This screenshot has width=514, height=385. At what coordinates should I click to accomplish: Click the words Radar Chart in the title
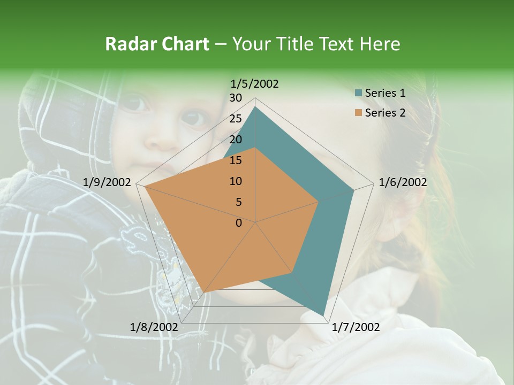coord(157,44)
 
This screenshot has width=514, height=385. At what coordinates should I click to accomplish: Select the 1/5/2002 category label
coord(255,83)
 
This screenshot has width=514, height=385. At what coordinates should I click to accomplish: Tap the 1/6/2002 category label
coord(403,182)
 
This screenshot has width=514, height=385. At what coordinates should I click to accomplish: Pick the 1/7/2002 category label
coord(356,327)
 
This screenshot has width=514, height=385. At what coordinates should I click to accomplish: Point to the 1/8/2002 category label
coord(154,327)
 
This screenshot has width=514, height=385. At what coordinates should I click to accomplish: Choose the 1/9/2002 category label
coord(107,182)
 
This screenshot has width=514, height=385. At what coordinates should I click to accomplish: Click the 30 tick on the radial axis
coord(236,98)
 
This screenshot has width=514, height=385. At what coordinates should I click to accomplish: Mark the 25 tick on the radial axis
coord(236,119)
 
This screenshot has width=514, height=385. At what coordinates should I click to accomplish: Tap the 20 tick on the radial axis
coord(236,140)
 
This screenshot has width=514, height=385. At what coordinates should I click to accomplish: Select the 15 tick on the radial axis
coord(236,160)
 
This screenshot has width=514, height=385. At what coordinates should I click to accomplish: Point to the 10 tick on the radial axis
coord(236,181)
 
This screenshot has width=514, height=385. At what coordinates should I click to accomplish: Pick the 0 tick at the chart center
coord(239,223)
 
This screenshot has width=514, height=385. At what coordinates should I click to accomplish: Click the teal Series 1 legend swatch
coord(358,93)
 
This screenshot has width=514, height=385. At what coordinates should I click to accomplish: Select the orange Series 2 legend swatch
coord(358,113)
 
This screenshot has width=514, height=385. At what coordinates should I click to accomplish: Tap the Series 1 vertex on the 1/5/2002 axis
coord(255,107)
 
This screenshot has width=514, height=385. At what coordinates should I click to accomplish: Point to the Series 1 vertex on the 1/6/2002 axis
coord(353,190)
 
